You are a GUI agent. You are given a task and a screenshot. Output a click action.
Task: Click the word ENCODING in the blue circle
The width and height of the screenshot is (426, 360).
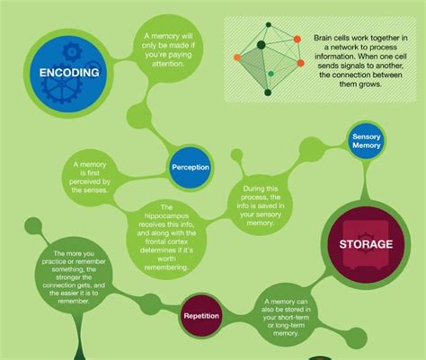(x=64, y=73)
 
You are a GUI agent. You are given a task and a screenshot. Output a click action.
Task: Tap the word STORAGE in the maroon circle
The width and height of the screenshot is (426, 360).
(x=366, y=243)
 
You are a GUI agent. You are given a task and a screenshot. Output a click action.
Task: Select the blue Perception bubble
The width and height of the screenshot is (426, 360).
(x=190, y=167)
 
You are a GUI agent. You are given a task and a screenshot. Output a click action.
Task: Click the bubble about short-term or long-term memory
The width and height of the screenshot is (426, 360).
(x=294, y=316)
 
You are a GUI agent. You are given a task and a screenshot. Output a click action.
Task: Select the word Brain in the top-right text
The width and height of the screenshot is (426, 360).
(x=326, y=38)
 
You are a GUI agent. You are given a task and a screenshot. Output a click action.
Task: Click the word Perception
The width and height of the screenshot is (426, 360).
(x=190, y=167)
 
